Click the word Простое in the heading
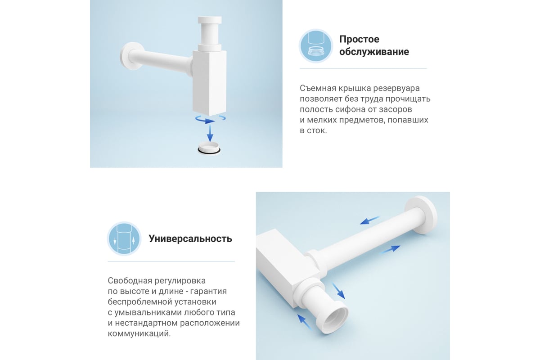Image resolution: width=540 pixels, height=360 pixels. [359, 39]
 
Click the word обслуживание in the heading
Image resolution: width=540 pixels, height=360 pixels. [374, 52]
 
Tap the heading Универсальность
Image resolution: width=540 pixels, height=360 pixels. [190, 238]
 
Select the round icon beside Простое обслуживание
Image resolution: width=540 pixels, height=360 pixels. [316, 46]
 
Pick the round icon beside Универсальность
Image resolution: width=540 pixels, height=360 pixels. [124, 238]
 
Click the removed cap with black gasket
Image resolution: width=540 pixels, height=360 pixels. [209, 148]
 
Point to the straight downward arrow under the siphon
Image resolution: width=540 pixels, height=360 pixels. [210, 133]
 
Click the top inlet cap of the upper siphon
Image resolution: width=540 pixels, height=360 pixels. [210, 20]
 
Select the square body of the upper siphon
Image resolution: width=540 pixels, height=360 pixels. [209, 83]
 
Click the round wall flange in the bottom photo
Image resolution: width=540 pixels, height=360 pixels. [421, 215]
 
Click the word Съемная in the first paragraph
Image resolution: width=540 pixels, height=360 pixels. [318, 88]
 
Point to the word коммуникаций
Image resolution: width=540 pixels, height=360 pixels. [139, 334]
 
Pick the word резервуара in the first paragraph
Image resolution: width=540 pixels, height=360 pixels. [396, 89]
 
